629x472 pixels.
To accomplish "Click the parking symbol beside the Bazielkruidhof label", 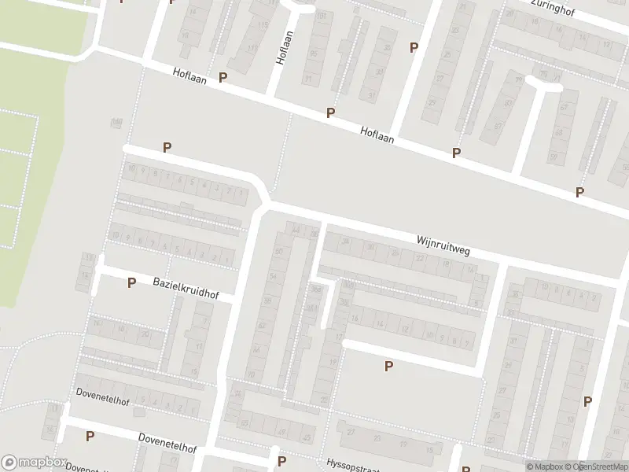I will (131, 282).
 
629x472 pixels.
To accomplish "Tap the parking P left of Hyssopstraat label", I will (281, 461).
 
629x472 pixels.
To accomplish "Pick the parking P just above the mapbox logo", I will (90, 436).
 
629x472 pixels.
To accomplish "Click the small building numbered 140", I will (117, 122).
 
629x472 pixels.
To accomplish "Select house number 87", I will (554, 157).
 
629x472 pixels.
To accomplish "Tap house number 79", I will (518, 80).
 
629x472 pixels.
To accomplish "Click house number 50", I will (279, 251).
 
